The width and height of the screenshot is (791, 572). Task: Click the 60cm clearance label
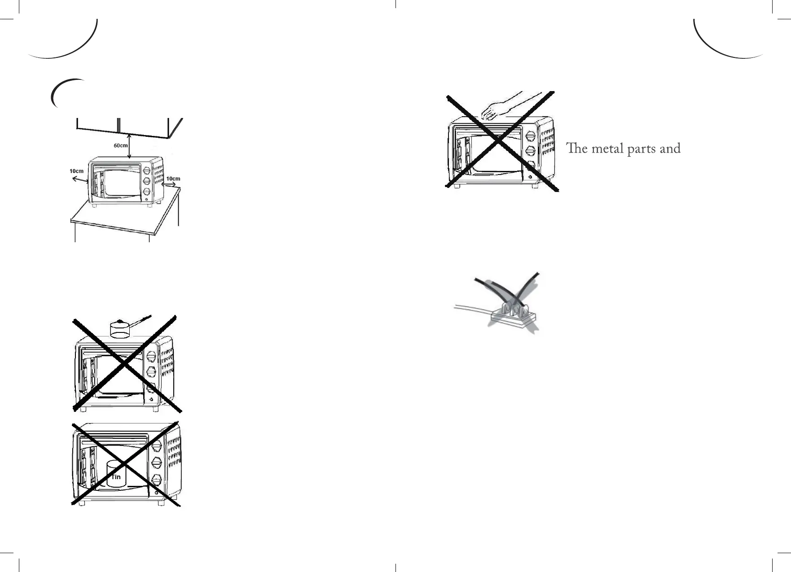120,146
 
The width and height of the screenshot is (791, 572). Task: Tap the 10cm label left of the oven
76,171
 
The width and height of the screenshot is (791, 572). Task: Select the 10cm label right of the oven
173,179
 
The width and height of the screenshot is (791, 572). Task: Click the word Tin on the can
116,477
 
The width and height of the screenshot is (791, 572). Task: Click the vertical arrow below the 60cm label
129,146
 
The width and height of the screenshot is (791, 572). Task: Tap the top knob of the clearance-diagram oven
147,171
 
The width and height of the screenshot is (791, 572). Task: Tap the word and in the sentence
670,148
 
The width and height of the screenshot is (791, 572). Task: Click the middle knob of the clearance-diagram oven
147,182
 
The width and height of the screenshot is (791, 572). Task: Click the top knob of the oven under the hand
530,136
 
